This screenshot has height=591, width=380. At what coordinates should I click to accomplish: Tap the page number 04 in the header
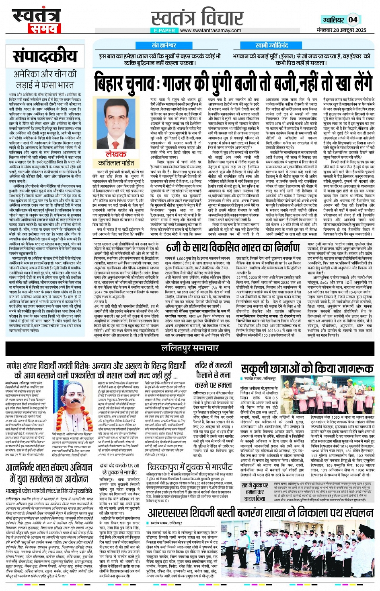(x=353, y=20)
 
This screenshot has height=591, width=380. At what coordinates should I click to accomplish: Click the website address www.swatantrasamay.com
(x=210, y=30)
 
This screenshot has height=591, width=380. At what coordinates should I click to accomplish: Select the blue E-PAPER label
(x=164, y=30)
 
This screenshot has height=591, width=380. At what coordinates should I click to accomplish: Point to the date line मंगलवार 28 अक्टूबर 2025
(x=341, y=30)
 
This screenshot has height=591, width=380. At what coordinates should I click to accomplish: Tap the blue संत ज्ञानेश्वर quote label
(x=164, y=45)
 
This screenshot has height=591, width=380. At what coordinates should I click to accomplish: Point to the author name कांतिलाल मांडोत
(x=115, y=163)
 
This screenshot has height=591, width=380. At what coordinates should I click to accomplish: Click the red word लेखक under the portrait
(x=115, y=154)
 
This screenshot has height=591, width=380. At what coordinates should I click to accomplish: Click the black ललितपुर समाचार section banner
(x=190, y=348)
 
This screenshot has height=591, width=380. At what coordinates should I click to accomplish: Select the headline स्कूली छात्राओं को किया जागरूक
(x=307, y=369)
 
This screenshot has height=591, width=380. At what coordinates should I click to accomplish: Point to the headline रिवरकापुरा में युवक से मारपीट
(x=190, y=467)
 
